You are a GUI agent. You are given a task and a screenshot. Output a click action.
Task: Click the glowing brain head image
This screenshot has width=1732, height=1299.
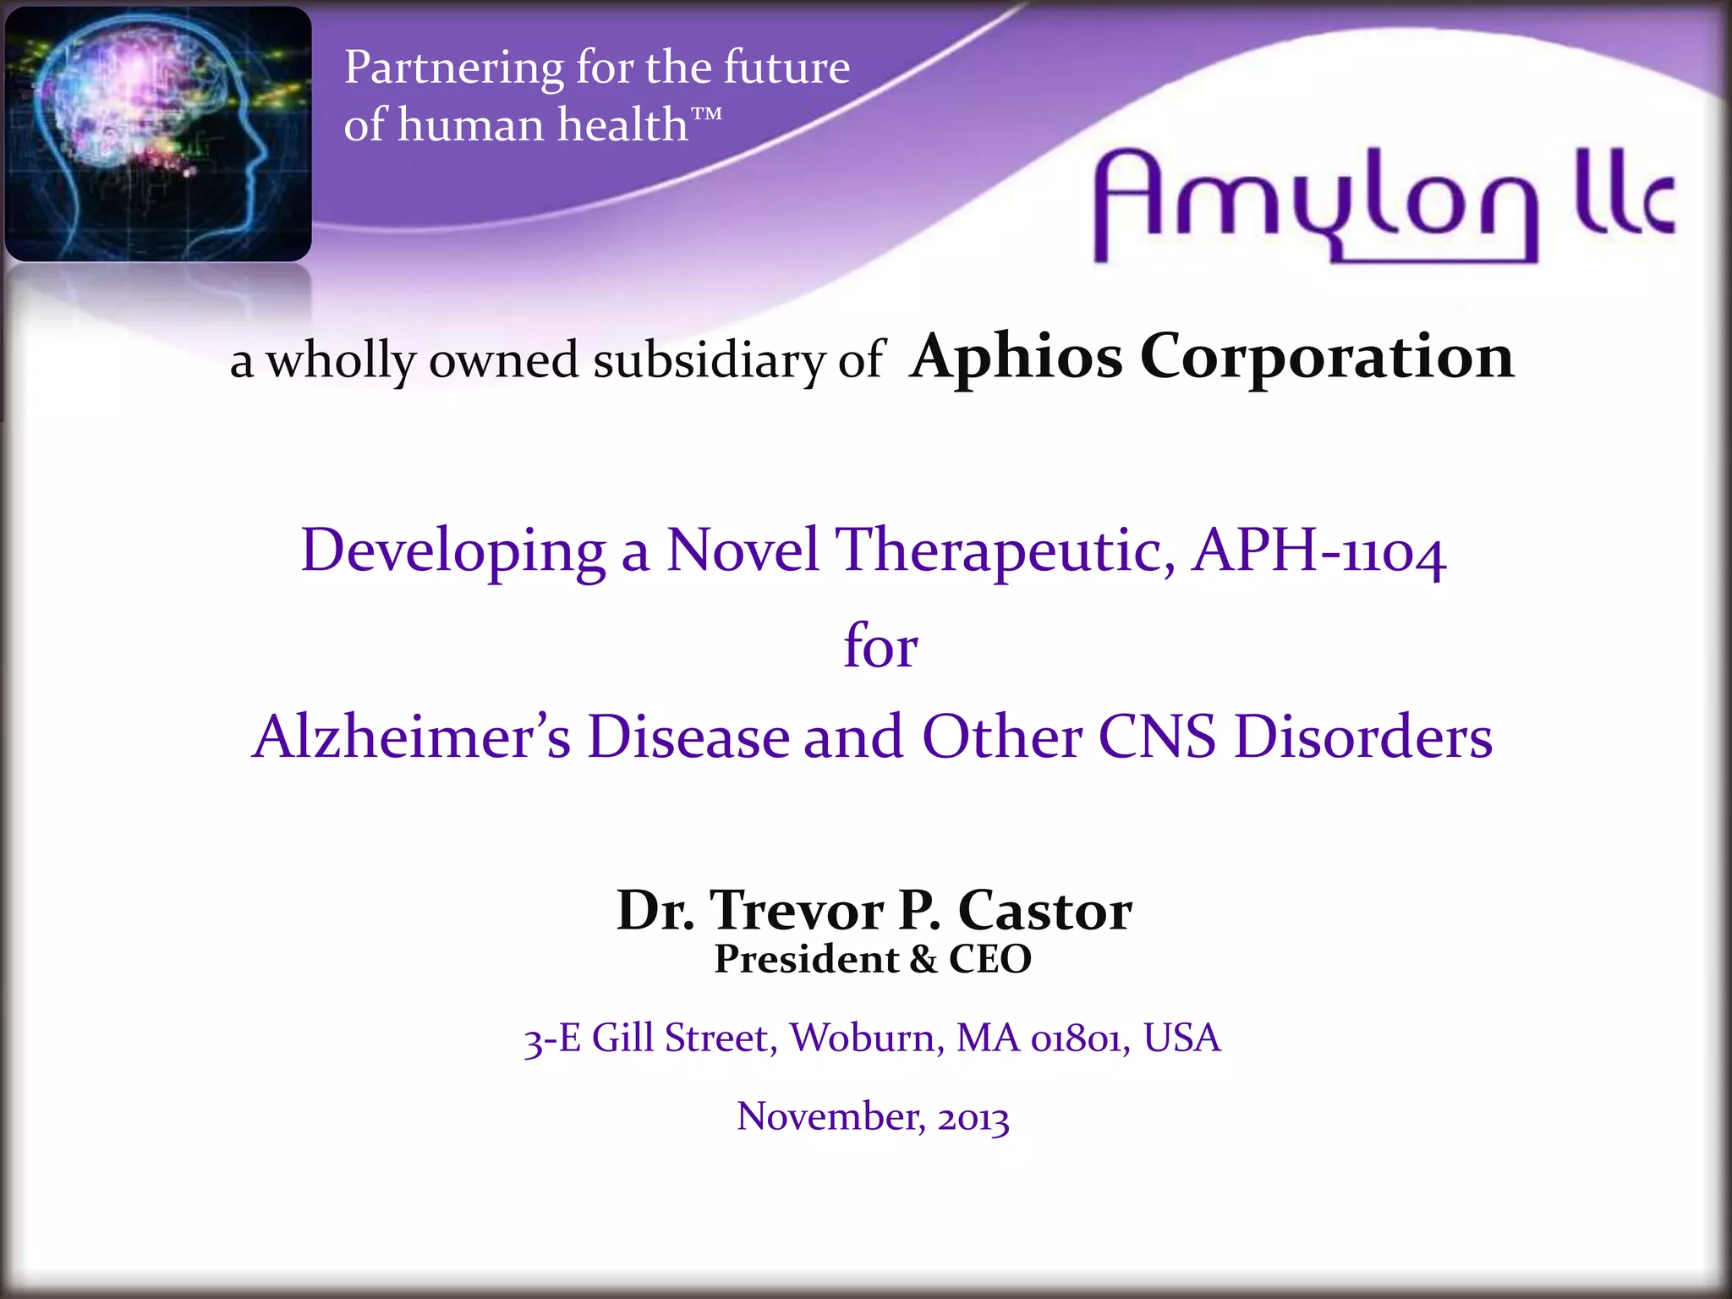158,134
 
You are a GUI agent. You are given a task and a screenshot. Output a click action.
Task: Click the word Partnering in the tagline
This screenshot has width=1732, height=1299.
453,69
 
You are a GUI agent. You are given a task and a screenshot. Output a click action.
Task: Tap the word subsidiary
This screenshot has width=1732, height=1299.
708,361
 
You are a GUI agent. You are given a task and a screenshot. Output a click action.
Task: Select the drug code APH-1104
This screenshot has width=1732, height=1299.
1318,551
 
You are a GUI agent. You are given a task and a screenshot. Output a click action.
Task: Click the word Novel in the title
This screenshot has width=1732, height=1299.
743,551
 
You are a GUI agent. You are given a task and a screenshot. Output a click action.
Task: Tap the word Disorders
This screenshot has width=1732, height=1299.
1363,737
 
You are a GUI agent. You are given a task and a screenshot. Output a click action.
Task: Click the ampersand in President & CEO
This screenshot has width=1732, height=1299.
924,960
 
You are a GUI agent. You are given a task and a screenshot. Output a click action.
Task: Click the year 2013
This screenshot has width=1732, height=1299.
973,1118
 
